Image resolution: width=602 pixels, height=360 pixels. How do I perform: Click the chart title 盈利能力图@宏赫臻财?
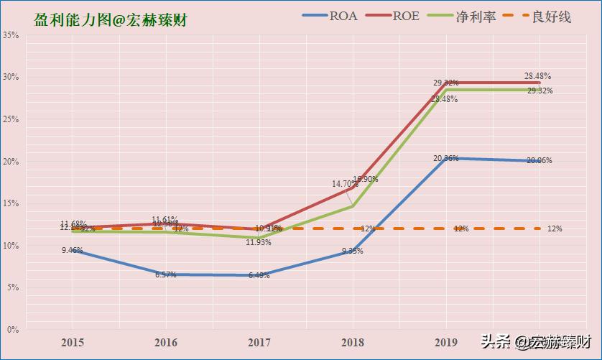(111, 20)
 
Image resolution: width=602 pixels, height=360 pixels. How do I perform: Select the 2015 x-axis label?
(72, 343)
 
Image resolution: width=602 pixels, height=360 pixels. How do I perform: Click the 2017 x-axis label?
(259, 343)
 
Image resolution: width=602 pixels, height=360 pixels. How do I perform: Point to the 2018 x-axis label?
(353, 343)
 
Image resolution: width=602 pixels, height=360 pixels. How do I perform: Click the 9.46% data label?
(72, 251)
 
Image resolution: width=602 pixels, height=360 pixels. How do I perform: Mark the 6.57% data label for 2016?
(166, 275)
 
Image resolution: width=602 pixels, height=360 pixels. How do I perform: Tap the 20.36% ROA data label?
(446, 158)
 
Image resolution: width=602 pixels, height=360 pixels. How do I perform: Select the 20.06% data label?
(539, 161)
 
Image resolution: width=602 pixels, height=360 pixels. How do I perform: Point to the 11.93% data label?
(259, 243)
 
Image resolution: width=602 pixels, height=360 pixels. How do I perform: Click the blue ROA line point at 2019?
(446, 158)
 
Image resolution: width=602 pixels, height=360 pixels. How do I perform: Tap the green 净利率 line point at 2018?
(353, 206)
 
